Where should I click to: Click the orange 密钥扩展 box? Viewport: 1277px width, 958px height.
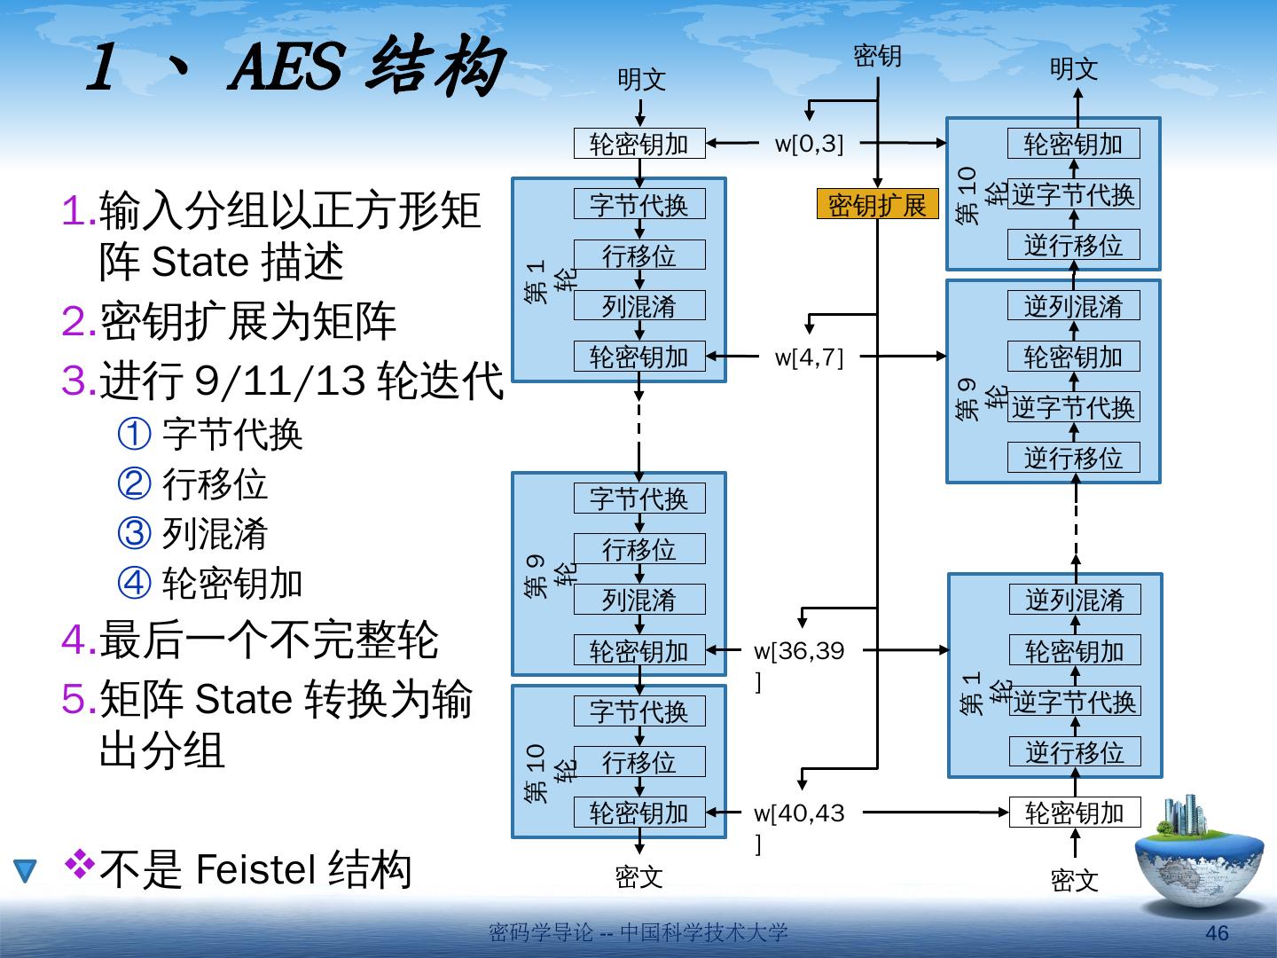point(876,205)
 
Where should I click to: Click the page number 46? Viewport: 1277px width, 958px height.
point(1217,933)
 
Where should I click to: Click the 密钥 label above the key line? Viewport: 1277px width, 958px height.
point(877,57)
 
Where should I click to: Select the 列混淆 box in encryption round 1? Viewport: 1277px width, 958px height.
point(639,306)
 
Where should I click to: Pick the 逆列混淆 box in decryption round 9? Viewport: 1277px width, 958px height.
point(1073,306)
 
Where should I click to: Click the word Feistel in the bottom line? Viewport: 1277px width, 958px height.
point(255,868)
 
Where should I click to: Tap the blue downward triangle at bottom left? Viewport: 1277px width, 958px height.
point(26,871)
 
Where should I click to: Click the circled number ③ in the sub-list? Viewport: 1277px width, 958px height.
point(135,533)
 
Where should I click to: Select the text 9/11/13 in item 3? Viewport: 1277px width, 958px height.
point(280,381)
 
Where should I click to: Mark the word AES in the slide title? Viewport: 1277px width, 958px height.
point(286,68)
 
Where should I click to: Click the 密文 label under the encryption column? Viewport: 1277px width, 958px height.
point(638,877)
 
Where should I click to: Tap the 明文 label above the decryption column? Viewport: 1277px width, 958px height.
point(1073,69)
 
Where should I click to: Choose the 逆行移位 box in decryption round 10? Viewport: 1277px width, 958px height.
point(1073,245)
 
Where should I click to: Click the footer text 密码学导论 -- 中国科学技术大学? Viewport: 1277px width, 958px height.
point(638,933)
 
